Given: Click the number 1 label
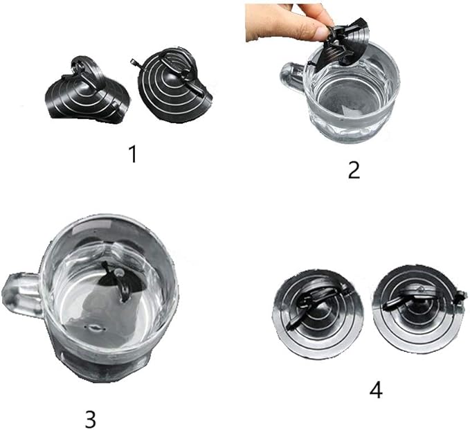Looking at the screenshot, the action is [134, 154].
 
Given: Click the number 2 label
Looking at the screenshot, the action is [354, 170].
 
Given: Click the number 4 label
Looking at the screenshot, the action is [376, 391].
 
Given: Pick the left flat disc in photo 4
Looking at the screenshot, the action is [318, 314].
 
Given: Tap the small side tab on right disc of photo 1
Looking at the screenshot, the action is [134, 64].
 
